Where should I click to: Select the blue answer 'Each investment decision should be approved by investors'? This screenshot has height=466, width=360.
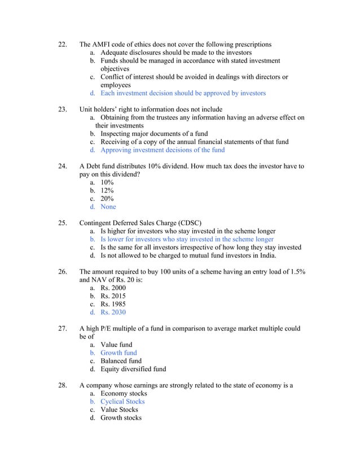click(183, 93)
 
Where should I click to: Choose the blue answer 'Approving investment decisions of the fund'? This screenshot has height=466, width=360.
click(162, 150)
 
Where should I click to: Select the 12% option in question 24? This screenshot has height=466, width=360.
click(107, 191)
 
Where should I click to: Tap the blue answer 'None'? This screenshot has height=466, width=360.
click(108, 207)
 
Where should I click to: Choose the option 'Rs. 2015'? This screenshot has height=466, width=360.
click(113, 296)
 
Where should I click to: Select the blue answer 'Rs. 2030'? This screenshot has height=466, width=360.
click(113, 313)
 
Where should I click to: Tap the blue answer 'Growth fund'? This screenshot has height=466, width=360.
click(118, 353)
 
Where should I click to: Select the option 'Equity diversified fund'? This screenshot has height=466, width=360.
click(133, 370)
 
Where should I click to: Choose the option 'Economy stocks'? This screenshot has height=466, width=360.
click(124, 394)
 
